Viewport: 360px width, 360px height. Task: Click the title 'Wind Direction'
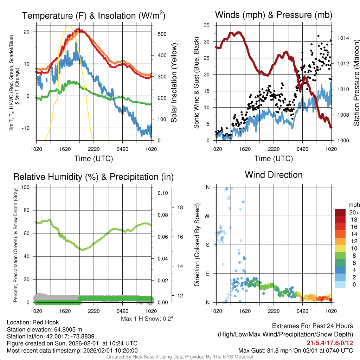click(x=274, y=175)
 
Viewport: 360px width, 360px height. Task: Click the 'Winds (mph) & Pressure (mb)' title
click(x=274, y=15)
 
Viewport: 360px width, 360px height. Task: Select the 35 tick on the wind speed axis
click(x=207, y=25)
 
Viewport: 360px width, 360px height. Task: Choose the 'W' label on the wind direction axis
click(x=207, y=216)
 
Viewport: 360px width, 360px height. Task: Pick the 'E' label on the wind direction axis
click(x=207, y=274)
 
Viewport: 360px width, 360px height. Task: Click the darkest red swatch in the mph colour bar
click(x=340, y=212)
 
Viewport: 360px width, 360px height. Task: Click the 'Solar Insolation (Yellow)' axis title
click(x=174, y=83)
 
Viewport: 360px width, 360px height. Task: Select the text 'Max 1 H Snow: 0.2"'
click(x=147, y=319)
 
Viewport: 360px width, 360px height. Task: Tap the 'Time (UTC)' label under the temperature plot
click(x=94, y=159)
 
